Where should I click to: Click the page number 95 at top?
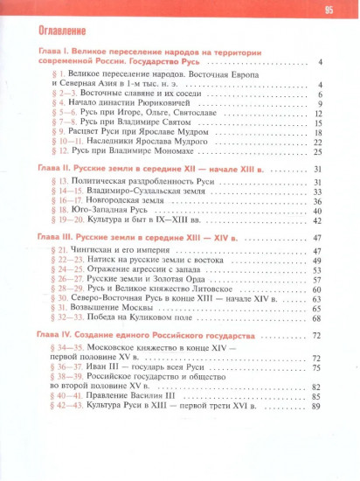click(x=329, y=10)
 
